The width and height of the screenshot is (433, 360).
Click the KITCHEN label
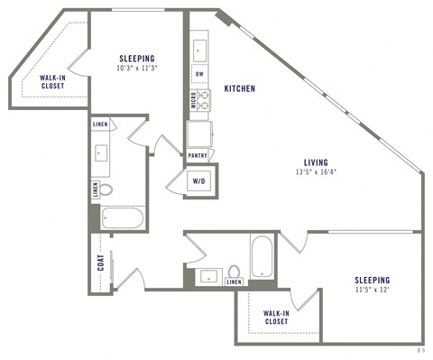pos(240,89)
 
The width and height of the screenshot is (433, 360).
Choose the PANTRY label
pos(198,154)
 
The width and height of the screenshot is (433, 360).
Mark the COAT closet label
pos(101,263)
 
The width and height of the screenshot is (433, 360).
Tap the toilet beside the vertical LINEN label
pos(106,190)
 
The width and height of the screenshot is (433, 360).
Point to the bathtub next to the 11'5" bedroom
pos(261,256)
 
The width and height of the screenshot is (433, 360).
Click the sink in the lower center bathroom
pos(209,275)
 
